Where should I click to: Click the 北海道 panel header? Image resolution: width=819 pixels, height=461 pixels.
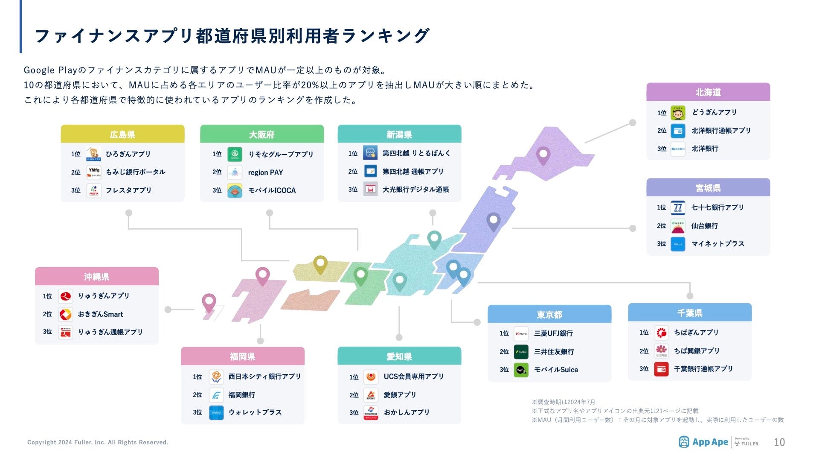708,92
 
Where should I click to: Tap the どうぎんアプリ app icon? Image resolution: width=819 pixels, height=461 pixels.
677,113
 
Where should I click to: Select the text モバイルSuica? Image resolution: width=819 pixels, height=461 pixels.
556,370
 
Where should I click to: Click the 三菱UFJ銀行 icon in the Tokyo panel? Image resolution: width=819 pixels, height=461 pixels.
521,333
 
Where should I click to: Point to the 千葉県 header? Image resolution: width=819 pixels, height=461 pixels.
689,313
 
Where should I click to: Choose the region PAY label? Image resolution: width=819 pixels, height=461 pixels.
265,172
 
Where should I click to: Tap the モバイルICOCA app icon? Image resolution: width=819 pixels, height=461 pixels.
235,191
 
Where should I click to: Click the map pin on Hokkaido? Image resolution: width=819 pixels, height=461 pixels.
543,155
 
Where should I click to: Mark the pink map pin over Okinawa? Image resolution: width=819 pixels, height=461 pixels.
209,302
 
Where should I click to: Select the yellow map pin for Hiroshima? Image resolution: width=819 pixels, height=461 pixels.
320,263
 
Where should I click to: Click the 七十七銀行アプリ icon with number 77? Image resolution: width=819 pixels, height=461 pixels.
677,207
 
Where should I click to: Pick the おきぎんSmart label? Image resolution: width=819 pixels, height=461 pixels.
100,314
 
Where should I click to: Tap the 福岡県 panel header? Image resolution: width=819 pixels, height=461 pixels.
242,356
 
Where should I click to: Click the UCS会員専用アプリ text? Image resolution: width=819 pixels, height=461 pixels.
413,376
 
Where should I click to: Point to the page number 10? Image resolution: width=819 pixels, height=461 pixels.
779,442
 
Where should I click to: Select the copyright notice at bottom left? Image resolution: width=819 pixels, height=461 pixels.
98,442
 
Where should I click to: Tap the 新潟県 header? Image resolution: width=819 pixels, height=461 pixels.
399,134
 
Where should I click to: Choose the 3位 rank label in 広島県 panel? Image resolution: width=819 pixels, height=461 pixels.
76,190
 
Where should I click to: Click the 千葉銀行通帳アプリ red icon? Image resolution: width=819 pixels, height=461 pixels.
661,369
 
